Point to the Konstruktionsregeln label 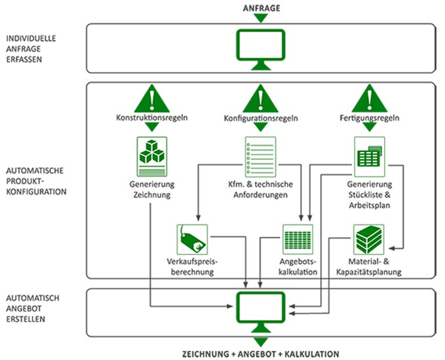(151, 120)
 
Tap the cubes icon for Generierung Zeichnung (151, 155)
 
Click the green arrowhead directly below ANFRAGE (260, 18)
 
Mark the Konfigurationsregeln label (261, 120)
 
